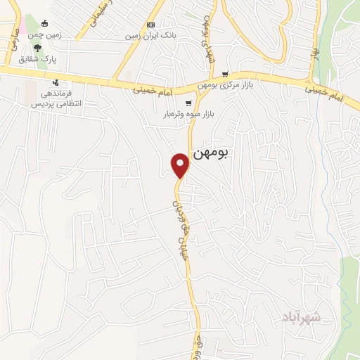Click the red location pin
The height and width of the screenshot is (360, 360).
point(181,165)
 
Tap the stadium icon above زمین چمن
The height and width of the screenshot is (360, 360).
point(44,23)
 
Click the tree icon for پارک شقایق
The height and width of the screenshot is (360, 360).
point(37,49)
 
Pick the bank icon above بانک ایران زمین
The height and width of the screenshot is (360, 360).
point(150,25)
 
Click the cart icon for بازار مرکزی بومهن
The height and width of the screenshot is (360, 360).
point(225,74)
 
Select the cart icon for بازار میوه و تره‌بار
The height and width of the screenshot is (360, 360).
point(188,103)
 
